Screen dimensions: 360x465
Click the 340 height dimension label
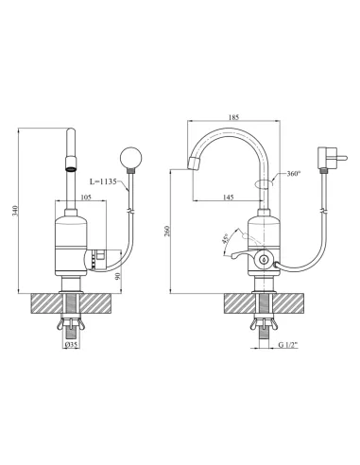(x=15, y=211)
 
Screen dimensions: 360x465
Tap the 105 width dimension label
(x=86, y=198)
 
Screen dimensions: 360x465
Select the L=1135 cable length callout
(x=103, y=181)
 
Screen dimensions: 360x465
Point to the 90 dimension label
(x=118, y=276)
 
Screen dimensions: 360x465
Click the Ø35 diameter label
(x=71, y=345)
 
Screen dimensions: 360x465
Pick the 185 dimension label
(x=233, y=117)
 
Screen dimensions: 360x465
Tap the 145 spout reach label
(x=229, y=198)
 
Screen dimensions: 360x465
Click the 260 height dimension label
(x=167, y=232)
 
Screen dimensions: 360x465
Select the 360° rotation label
(x=294, y=174)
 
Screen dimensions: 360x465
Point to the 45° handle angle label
(x=226, y=238)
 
